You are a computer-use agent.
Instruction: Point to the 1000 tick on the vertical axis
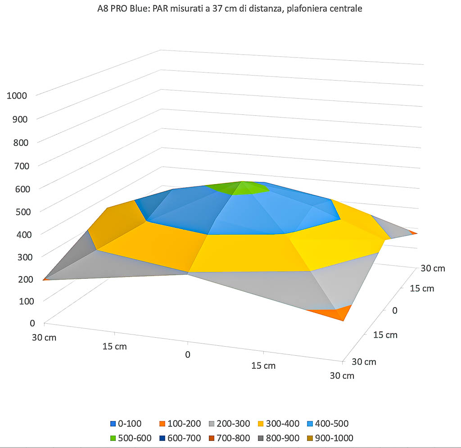17,95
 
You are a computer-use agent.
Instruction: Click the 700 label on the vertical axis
21,165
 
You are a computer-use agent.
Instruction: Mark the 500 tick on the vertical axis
21,211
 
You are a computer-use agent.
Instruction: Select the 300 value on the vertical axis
21,257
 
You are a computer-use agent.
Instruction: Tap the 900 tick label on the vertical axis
21,119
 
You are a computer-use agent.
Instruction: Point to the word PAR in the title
160,9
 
